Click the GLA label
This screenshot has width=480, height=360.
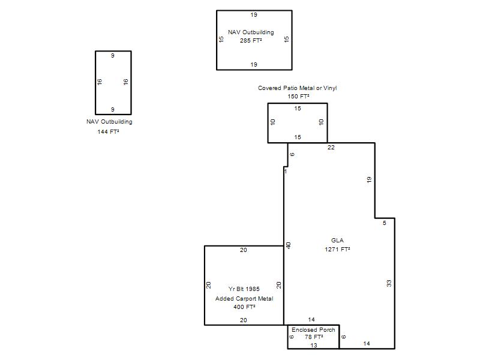[x=337, y=241]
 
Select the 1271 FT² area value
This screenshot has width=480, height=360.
[x=337, y=249]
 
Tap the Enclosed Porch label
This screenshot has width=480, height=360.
[x=313, y=329]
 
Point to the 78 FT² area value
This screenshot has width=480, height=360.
[x=314, y=337]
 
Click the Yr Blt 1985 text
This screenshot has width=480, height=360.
[x=244, y=289]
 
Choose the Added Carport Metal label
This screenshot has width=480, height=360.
[x=244, y=298]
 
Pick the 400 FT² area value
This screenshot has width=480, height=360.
[x=244, y=307]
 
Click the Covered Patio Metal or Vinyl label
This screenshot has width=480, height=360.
[x=297, y=88]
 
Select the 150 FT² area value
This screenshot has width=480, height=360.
[x=298, y=96]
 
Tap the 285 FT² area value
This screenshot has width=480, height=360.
[x=251, y=40]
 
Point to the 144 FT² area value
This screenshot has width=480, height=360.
[x=108, y=131]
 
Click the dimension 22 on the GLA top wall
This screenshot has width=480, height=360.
[x=331, y=147]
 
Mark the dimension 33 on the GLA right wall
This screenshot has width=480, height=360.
[x=389, y=283]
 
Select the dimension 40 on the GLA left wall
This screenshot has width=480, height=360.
[x=288, y=245]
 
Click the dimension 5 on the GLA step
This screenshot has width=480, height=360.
[x=385, y=223]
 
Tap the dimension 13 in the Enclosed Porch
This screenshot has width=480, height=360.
[x=314, y=346]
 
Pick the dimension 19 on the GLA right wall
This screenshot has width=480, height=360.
[x=369, y=179]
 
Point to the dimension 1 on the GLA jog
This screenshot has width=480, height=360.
[x=286, y=172]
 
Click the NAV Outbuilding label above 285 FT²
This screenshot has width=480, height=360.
[x=251, y=32]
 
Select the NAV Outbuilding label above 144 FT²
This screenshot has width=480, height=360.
[x=109, y=122]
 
